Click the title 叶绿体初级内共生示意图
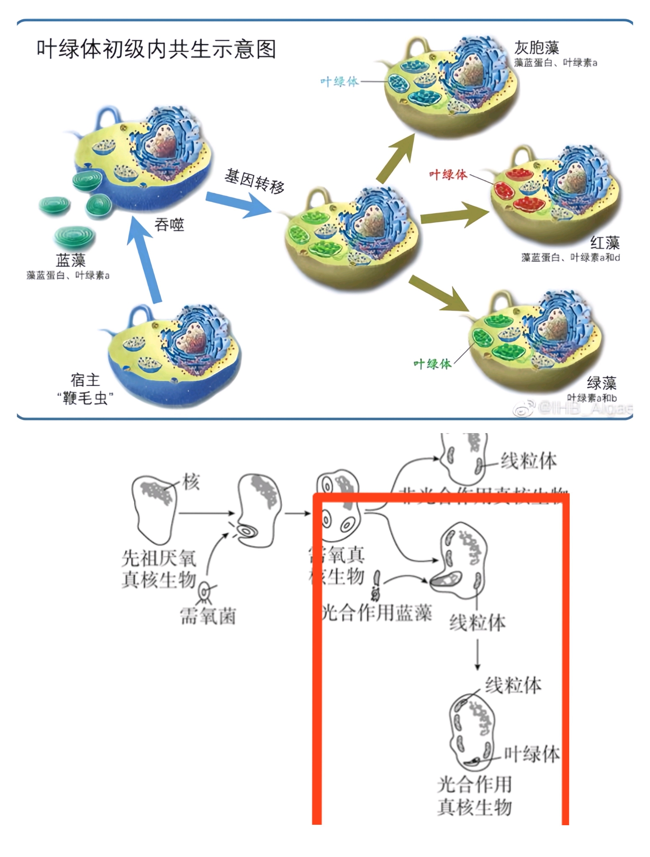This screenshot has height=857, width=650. [156, 50]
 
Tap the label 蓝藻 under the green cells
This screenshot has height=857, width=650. [71, 260]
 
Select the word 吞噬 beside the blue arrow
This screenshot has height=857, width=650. [169, 225]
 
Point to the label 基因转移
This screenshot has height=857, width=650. [254, 181]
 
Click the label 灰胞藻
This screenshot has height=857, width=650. [537, 48]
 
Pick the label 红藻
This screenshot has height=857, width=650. [605, 243]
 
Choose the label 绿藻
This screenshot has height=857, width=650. [601, 383]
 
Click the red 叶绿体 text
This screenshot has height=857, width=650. [448, 174]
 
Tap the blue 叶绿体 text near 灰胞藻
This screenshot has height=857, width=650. [339, 82]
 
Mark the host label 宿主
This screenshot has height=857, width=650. [85, 380]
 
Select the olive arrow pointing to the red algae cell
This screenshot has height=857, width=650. [454, 215]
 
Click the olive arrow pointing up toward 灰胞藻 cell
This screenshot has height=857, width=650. [395, 159]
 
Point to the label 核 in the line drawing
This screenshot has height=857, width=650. [191, 482]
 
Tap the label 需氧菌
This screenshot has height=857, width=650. [208, 616]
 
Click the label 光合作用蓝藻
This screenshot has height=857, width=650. [377, 613]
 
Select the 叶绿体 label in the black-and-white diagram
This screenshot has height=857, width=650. [532, 754]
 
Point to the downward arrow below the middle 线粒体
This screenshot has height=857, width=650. [478, 654]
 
